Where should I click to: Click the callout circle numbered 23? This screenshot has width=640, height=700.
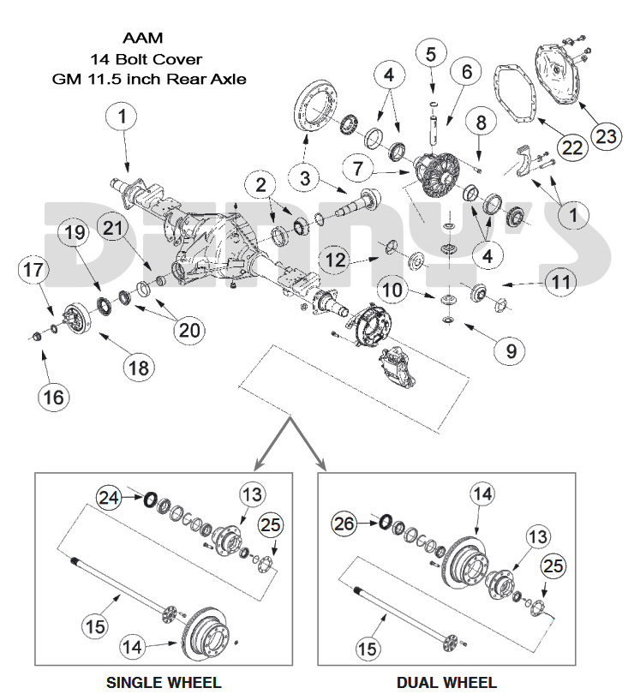pos(605,135)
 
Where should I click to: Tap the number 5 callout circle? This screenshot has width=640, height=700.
pos(431,54)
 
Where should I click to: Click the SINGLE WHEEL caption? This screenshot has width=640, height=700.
pos(163,683)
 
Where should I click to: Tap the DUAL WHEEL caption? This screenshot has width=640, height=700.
pos(446,683)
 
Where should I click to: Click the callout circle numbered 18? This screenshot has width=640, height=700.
pos(138,368)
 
